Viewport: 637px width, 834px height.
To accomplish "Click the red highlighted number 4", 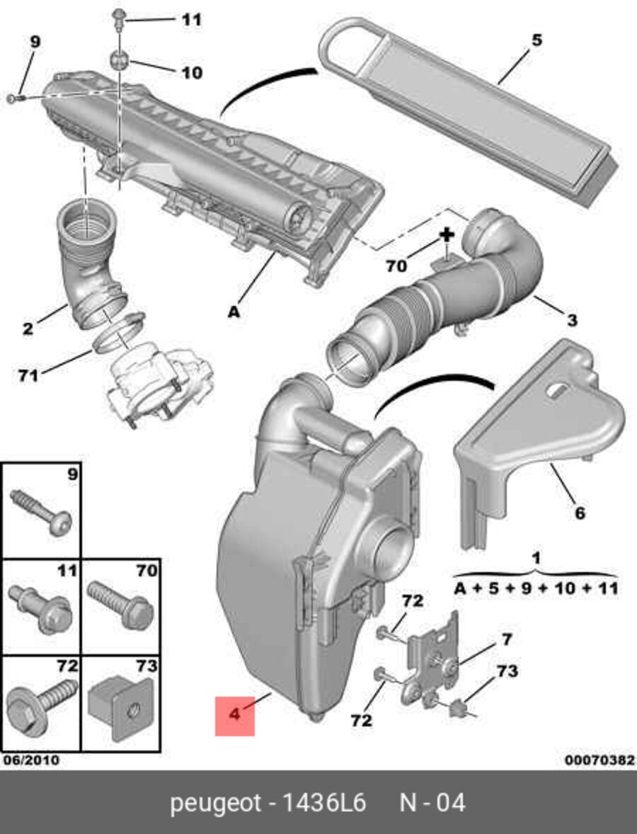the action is pos(234,715).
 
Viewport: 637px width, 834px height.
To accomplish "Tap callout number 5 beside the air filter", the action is pos(537,40).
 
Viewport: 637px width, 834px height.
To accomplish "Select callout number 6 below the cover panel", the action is pos(580,513).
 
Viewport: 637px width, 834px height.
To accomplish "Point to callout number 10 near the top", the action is pos(192,72).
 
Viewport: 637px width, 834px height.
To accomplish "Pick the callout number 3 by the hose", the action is pos(572,320).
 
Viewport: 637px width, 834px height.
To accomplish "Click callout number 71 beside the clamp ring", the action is pos(28,375).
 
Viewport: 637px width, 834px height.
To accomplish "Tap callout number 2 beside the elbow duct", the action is pos(28,329).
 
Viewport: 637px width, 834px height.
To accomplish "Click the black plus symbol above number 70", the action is pos(447,235).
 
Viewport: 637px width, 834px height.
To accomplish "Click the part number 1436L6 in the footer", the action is pos(323,803).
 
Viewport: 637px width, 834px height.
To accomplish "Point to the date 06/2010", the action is pos(31,760).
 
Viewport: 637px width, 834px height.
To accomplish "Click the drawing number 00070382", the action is pos(599,760).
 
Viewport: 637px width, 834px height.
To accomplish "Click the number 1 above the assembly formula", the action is pos(536,558).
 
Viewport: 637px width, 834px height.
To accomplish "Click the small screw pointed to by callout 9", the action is pos(15,98).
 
